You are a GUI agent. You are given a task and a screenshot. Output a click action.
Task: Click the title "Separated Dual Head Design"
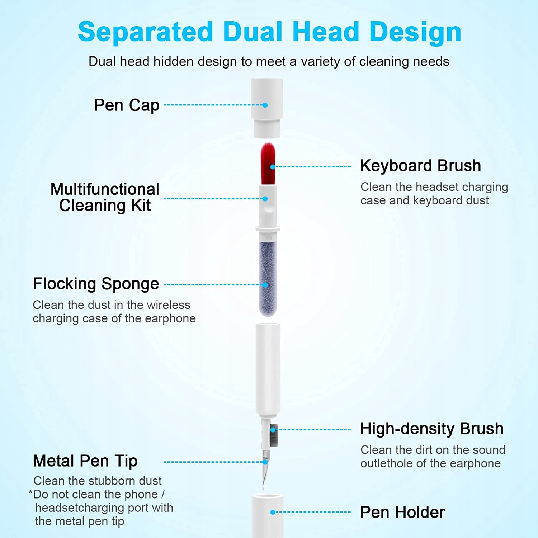point(269,32)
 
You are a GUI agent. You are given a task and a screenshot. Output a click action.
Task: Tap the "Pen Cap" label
point(127,105)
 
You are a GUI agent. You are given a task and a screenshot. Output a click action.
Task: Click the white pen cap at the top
point(267,108)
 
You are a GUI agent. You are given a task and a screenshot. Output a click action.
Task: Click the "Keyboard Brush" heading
point(420,166)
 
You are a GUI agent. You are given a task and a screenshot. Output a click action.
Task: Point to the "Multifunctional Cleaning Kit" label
point(105,197)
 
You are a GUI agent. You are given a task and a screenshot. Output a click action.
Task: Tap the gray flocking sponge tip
point(268,278)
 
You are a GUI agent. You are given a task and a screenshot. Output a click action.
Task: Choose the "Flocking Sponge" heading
point(96,284)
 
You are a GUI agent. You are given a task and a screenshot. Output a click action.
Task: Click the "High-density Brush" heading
point(432,429)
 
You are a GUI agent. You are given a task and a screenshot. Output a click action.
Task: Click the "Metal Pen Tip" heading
point(85,461)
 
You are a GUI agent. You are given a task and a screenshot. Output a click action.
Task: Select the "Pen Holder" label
point(402,512)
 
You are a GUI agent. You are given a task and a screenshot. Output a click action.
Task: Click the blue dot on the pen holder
point(273,512)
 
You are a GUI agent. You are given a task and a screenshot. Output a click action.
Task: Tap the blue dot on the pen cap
point(265,105)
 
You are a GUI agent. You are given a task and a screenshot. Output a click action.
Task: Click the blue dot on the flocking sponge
point(265,285)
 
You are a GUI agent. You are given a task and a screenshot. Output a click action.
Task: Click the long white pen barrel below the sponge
point(268,369)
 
